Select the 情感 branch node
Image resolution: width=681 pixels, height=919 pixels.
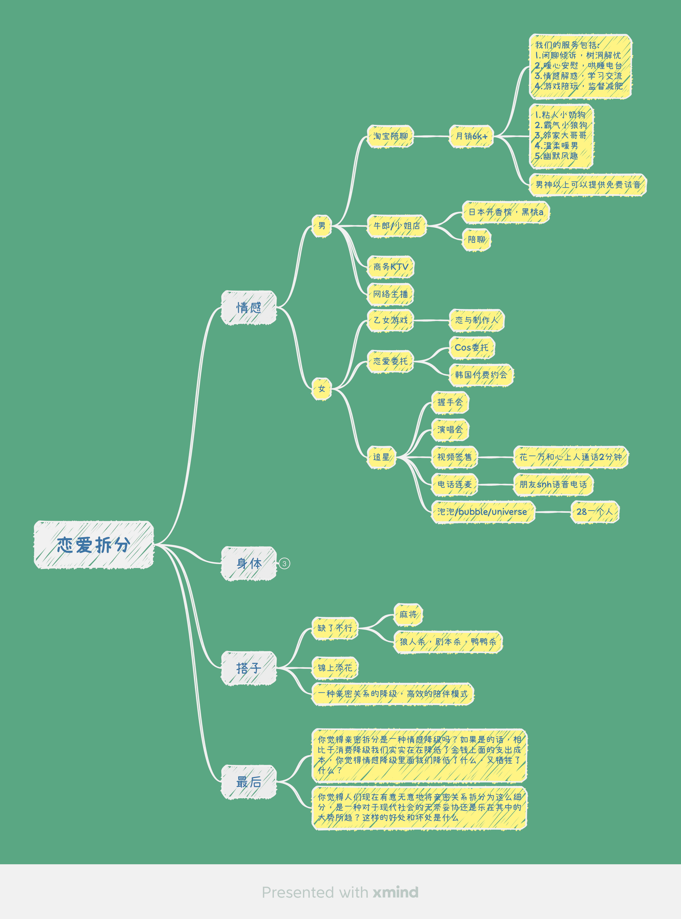(x=249, y=308)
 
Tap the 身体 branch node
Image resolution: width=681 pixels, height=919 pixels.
(x=249, y=563)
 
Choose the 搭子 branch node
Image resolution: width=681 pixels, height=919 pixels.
(x=249, y=668)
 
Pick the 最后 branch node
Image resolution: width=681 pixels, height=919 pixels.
(x=249, y=782)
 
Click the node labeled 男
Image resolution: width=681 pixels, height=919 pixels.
(x=322, y=226)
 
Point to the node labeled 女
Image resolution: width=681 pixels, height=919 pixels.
(x=322, y=389)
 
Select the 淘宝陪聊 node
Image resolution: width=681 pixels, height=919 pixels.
(x=390, y=136)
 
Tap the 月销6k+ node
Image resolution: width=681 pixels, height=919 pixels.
(x=471, y=136)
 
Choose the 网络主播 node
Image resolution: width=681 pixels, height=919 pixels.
(x=390, y=294)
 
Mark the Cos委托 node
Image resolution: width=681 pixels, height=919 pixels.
(x=472, y=348)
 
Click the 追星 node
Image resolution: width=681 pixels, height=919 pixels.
(x=381, y=457)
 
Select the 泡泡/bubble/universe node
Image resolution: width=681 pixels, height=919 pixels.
(x=482, y=512)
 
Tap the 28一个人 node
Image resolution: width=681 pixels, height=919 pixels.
(x=594, y=512)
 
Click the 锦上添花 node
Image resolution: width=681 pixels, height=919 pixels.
(x=335, y=668)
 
